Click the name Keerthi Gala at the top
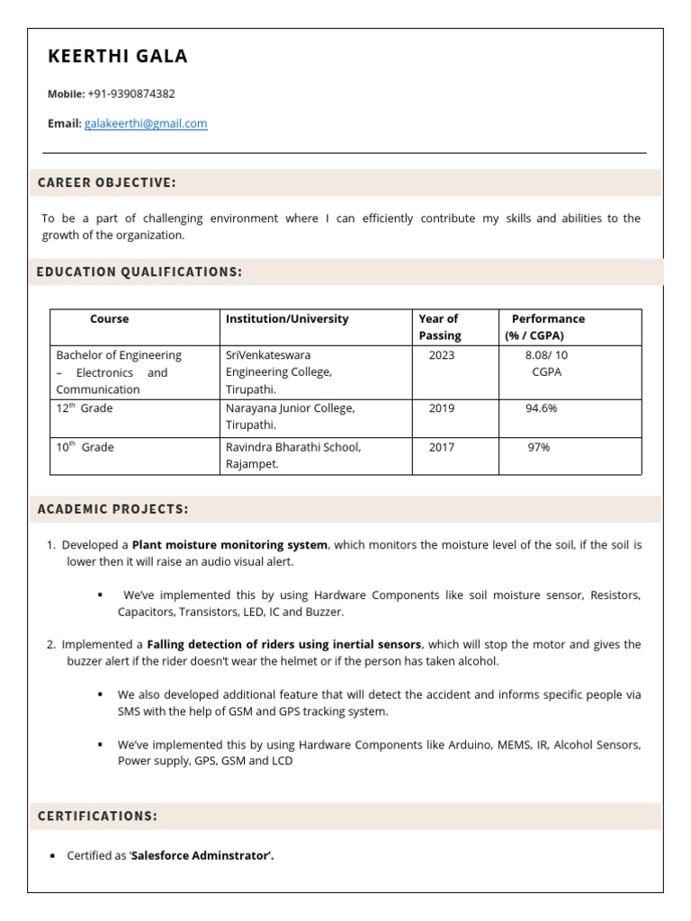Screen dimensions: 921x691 point(118,57)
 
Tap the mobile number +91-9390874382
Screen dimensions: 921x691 point(131,94)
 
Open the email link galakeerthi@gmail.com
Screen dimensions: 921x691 point(146,124)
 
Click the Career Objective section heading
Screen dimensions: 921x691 point(107,183)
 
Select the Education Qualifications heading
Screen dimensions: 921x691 point(139,272)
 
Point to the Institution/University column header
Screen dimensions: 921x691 point(287,319)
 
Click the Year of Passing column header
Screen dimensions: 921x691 point(440,327)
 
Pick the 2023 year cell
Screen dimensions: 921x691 point(442,355)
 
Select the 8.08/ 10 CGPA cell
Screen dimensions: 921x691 point(546,363)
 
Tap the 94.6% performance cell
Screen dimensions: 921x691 point(542,408)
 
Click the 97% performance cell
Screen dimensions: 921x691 point(539,447)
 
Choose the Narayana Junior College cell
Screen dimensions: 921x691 point(290,416)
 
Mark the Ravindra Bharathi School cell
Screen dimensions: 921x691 point(292,455)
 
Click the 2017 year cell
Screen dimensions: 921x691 point(442,447)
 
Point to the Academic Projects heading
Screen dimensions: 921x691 point(113,509)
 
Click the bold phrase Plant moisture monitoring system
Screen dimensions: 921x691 point(229,545)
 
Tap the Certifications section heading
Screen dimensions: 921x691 point(97,816)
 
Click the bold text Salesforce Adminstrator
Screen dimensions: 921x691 point(202,856)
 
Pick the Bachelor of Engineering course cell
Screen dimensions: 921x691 point(119,372)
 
